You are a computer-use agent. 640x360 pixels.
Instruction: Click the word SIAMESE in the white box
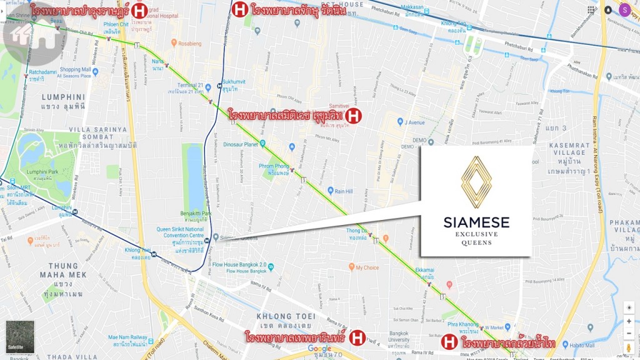pos(476,222)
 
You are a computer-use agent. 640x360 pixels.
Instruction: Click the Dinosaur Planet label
pos(241,144)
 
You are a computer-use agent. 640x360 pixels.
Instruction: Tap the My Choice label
pos(367,267)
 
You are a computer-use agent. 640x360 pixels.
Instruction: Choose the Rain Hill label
pos(344,191)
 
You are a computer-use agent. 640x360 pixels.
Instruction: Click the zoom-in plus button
pos(629,321)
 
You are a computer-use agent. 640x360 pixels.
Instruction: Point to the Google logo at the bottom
pos(319,349)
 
